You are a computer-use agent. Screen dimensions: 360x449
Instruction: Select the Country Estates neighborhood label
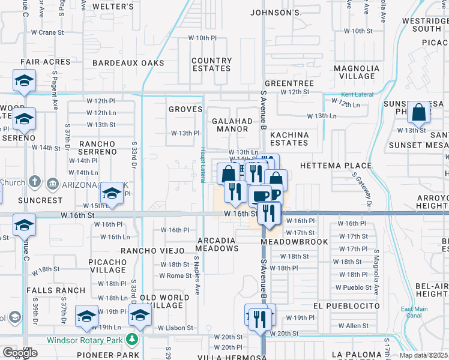(x=211, y=64)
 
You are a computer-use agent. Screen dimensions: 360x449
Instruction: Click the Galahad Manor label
(x=232, y=124)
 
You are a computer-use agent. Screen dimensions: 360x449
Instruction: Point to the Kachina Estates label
(x=289, y=139)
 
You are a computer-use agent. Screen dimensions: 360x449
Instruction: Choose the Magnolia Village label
(x=354, y=72)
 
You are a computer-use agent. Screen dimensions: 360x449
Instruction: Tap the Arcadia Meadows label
(x=218, y=244)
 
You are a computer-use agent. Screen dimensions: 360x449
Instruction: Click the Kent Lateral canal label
(x=357, y=95)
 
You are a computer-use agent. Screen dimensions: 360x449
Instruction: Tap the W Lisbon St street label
(x=176, y=328)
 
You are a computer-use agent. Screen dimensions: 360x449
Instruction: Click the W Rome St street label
(x=175, y=275)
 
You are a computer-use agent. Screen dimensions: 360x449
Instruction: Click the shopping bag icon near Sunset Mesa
(x=418, y=112)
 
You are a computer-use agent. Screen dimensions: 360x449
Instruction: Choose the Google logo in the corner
(x=20, y=353)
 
